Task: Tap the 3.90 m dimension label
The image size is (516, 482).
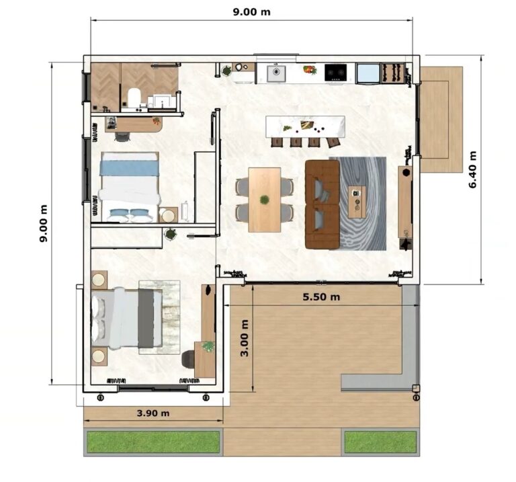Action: (153, 413)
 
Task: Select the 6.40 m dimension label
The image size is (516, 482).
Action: (472, 171)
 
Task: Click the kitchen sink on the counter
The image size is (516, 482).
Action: (276, 73)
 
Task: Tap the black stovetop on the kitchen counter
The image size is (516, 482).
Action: (335, 72)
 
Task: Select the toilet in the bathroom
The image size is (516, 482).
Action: (133, 98)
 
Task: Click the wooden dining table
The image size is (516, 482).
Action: (265, 199)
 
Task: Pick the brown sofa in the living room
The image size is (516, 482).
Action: (322, 204)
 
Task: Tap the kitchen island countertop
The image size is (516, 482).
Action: (306, 126)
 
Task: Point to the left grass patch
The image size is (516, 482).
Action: (153, 442)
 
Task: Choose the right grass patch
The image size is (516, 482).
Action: (380, 442)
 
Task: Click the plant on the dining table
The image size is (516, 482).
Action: (265, 200)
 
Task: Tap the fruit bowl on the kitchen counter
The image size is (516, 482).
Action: (309, 69)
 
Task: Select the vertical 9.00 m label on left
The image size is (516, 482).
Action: (44, 223)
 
